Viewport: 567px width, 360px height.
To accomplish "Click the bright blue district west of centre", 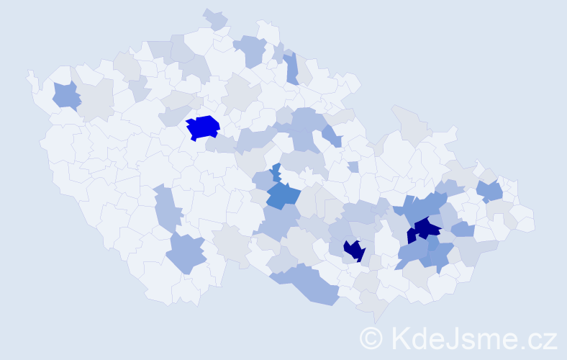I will coord(203,127).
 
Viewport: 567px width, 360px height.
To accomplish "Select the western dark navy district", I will coord(354,251).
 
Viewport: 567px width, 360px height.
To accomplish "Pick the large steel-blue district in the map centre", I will coord(282,195).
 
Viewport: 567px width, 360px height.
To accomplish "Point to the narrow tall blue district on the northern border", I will coord(291,68).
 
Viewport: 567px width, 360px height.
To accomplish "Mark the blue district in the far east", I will coord(490,191).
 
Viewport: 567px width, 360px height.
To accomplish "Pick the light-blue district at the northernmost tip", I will coord(215,19).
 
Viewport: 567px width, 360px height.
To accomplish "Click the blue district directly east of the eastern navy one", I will coord(463,229).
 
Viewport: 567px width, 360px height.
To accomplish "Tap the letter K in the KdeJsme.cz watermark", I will coord(399,338).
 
